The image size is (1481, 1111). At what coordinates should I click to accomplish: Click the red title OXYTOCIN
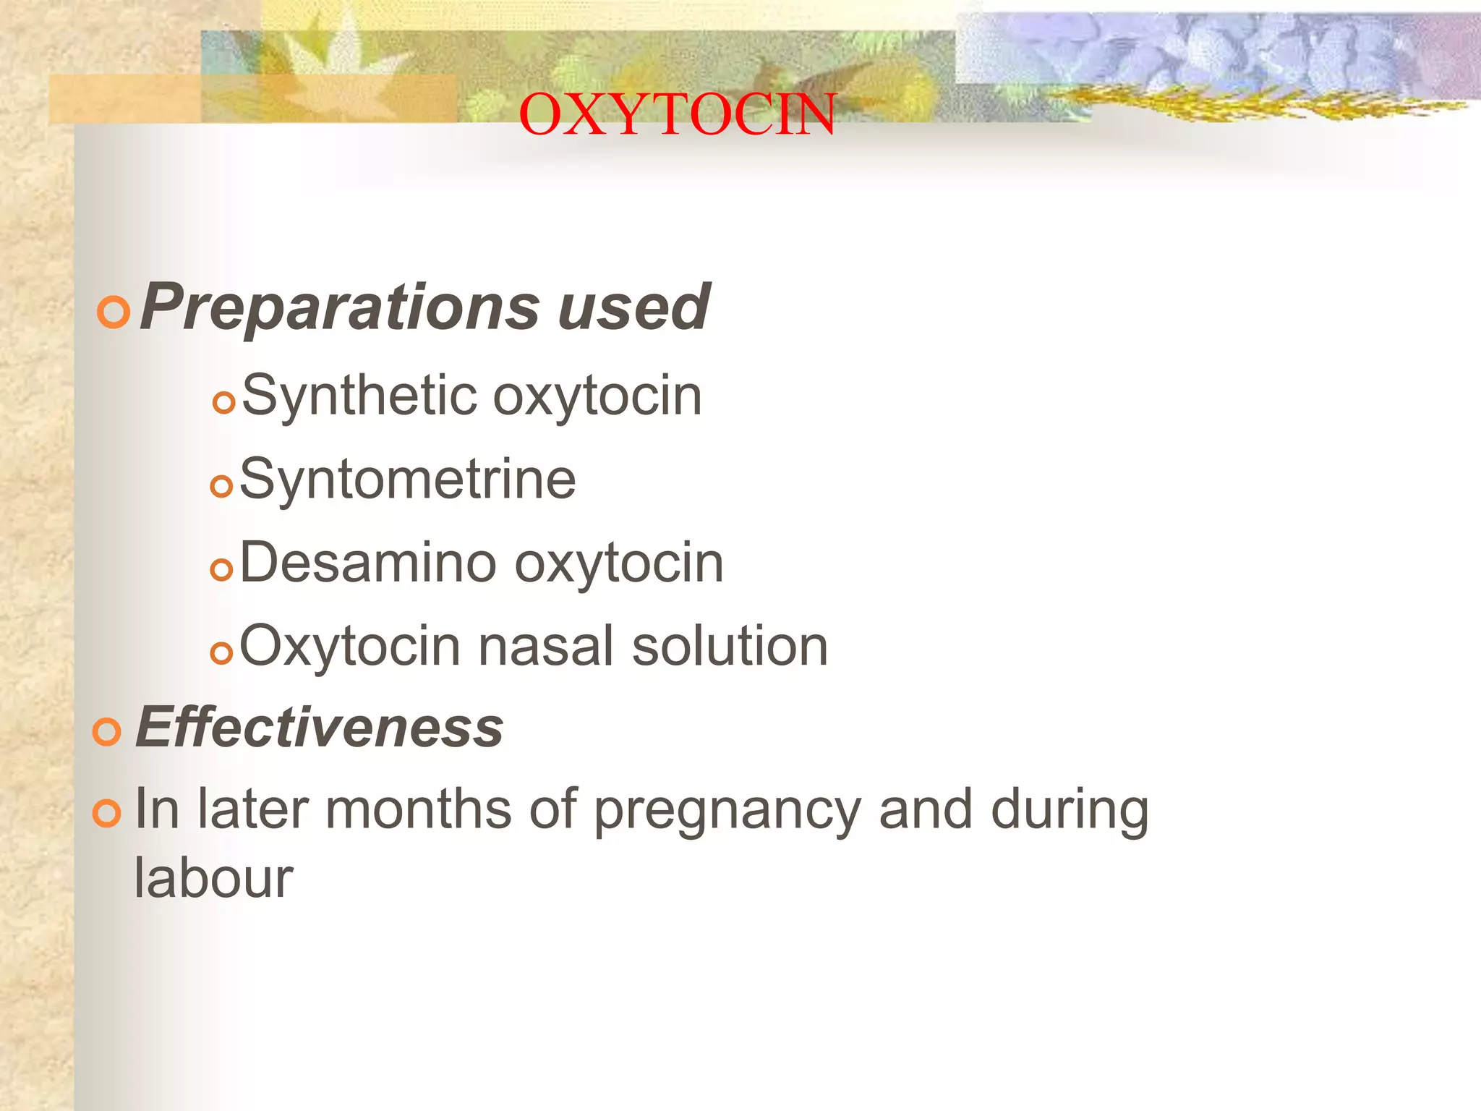pos(677,114)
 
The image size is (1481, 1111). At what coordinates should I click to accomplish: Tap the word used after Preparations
pos(633,308)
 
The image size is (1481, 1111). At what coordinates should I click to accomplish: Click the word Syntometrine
pos(408,480)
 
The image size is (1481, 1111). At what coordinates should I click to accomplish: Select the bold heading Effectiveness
pos(320,728)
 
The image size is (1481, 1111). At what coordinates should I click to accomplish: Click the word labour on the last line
pos(214,878)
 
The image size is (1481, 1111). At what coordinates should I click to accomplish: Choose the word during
pos(1070,810)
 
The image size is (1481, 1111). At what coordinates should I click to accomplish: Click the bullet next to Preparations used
pos(114,312)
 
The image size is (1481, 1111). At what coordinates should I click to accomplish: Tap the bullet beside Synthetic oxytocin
pos(225,402)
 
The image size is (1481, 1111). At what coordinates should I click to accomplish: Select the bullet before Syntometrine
pos(222,485)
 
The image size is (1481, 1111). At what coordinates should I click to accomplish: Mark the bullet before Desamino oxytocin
pos(222,570)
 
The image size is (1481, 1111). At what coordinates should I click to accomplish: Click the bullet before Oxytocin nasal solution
pos(222,653)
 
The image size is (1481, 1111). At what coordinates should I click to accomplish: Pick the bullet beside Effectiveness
pos(107,732)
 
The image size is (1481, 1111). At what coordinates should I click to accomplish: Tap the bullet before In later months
pos(107,814)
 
